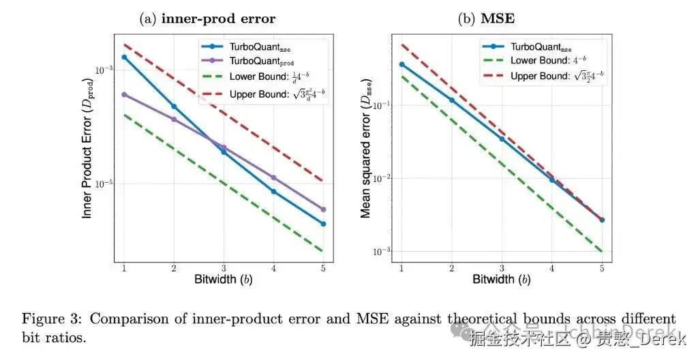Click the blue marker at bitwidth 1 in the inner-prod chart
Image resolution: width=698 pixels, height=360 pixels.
(124, 57)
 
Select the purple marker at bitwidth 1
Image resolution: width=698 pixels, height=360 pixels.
(124, 95)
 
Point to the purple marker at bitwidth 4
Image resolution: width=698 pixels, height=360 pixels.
(273, 177)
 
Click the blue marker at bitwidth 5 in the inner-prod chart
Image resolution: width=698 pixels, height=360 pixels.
(323, 224)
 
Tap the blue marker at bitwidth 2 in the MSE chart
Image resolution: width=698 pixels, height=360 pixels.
(451, 100)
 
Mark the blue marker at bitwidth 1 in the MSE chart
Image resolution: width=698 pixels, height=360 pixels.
(401, 64)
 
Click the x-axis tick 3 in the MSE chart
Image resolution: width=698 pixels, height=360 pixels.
(502, 269)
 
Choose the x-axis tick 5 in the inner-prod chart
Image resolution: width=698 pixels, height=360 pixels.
(323, 269)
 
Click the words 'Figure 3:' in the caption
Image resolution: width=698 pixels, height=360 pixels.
(52, 320)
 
